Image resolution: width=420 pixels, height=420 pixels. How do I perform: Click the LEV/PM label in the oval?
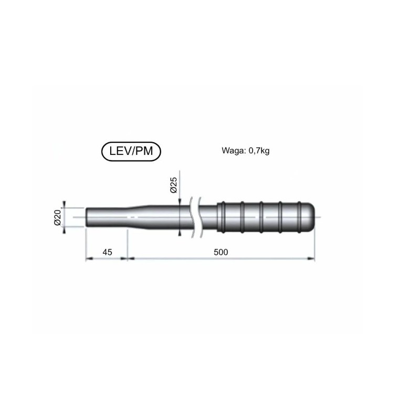[131, 151]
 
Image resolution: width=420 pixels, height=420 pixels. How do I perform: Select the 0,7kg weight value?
[259, 151]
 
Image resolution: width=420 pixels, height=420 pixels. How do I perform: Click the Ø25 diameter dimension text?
[174, 185]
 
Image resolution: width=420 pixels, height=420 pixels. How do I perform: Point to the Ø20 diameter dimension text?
[58, 217]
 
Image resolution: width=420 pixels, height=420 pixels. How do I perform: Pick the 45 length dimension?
[107, 252]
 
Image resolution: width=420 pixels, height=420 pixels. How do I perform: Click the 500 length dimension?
[220, 252]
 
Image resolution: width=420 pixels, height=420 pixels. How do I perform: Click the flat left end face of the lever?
[87, 217]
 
